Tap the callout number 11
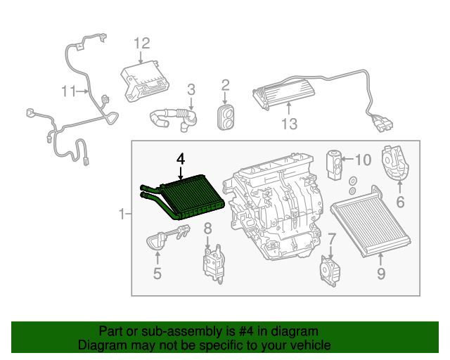(68, 91)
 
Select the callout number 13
(289, 124)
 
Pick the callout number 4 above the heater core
(181, 160)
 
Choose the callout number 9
(380, 274)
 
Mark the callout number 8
(207, 228)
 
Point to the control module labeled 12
(146, 79)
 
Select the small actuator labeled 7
(329, 269)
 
